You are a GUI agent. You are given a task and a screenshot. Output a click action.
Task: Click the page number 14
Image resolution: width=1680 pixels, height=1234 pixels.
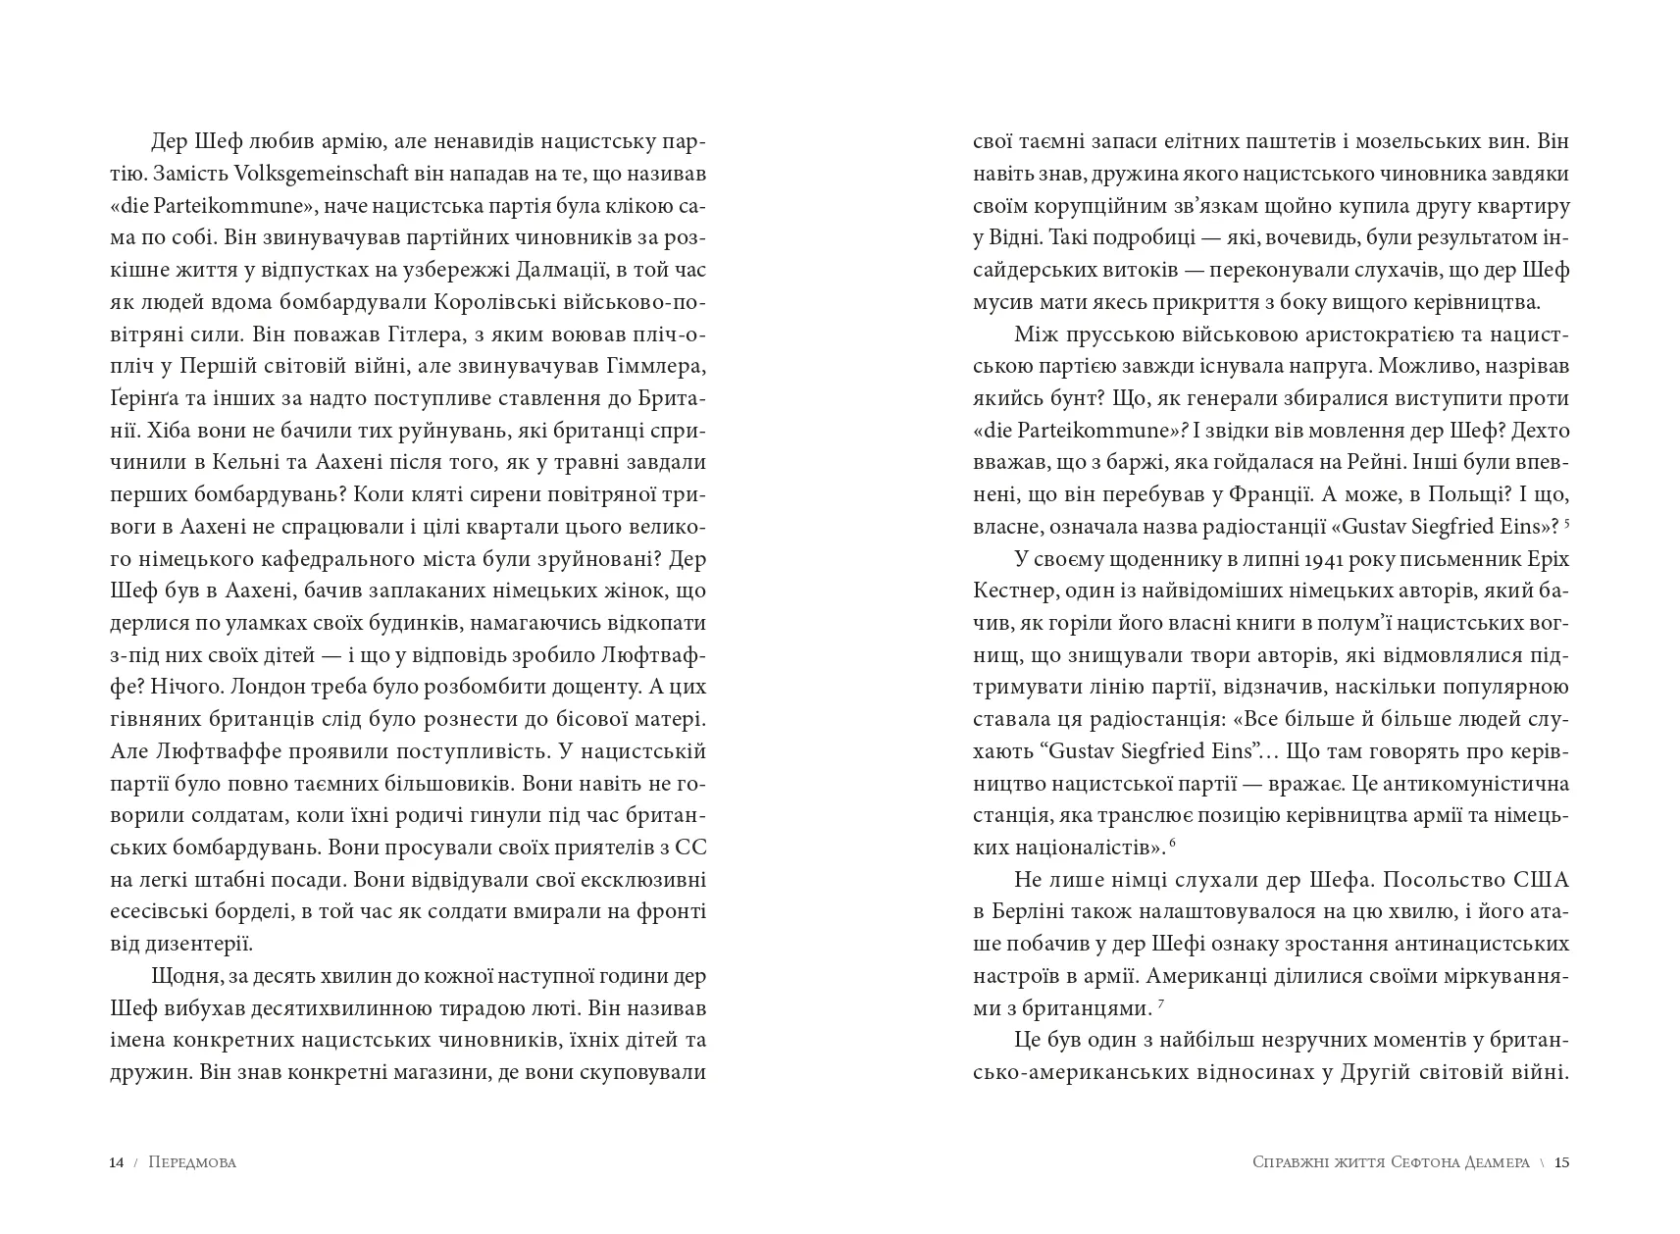(x=116, y=1162)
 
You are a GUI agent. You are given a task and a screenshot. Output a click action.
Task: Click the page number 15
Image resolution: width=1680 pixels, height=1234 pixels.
(x=1562, y=1162)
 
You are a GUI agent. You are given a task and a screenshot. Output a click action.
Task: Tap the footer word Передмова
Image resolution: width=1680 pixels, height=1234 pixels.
(x=193, y=1162)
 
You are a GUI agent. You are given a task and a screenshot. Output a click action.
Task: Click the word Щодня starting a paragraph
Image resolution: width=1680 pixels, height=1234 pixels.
(x=183, y=977)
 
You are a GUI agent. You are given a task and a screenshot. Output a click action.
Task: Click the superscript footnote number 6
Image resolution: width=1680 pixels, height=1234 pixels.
(x=1172, y=844)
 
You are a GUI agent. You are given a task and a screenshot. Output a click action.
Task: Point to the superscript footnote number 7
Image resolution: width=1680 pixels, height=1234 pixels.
(x=1160, y=1004)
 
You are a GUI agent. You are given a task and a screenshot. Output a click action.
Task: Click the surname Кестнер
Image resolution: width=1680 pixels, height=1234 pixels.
(x=1008, y=591)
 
